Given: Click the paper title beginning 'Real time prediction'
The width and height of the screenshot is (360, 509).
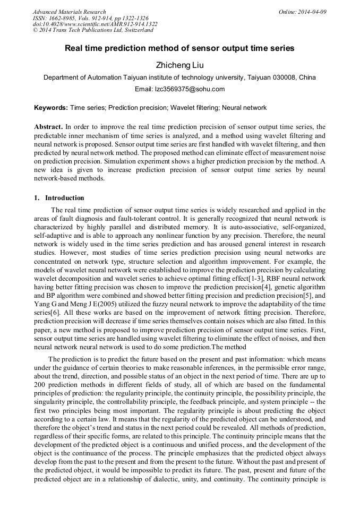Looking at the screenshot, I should pyautogui.click(x=179, y=48).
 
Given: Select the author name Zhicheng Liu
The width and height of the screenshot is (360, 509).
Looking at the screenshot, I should pyautogui.click(x=179, y=65).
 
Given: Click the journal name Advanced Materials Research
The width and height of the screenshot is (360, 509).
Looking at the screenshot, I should pyautogui.click(x=69, y=12).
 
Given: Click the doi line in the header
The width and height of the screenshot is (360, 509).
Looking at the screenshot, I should pyautogui.click(x=95, y=24).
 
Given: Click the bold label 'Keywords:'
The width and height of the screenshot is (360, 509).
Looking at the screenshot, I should pyautogui.click(x=51, y=108).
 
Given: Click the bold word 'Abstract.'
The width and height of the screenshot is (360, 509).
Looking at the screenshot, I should pyautogui.click(x=48, y=127).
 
